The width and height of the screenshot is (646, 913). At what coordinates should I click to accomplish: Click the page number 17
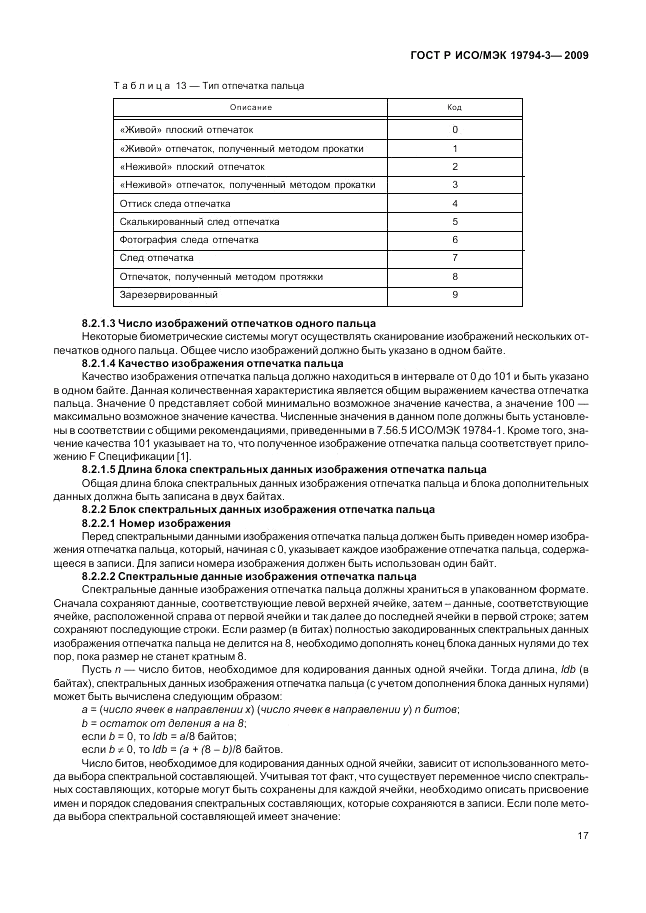[581, 839]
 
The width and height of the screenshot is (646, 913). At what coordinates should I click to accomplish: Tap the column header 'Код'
[454, 107]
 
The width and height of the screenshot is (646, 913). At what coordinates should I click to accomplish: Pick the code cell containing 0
[455, 130]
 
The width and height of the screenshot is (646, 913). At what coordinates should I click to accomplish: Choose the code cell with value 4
[455, 203]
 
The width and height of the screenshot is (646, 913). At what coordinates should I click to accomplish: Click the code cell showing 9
[455, 294]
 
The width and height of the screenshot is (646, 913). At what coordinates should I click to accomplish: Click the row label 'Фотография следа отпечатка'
[189, 240]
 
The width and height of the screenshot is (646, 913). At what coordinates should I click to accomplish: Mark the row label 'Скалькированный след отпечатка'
[199, 221]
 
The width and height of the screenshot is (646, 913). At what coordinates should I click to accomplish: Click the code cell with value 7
[455, 258]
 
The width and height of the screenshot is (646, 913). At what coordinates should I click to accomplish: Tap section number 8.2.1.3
[99, 322]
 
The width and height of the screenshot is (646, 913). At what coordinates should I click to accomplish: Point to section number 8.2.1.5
[99, 468]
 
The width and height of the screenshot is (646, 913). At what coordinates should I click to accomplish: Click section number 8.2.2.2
[99, 577]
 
